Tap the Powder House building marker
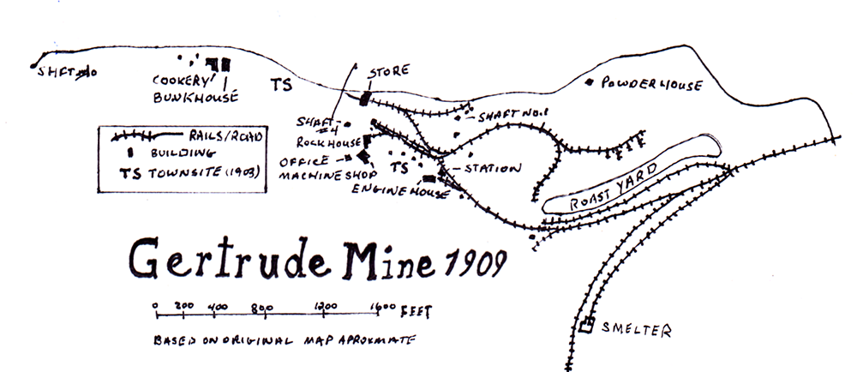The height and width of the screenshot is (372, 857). [589, 82]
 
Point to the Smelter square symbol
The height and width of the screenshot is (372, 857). [588, 325]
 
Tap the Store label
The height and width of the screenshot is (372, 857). [389, 70]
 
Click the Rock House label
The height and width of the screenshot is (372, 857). [320, 142]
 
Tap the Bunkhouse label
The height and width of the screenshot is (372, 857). [195, 96]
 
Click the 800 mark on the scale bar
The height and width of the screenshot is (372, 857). [263, 306]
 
